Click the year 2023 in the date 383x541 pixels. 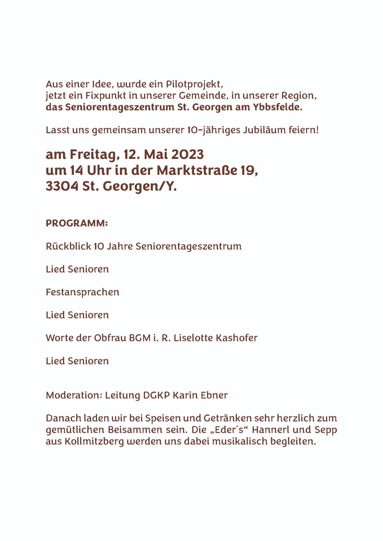point(187,154)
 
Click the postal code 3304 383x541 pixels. point(62,186)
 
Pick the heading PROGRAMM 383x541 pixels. point(76,223)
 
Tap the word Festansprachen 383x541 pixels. point(82,292)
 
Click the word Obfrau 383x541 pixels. point(110,338)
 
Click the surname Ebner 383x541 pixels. point(214,395)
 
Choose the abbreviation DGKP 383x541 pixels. point(157,395)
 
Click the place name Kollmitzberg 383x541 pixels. point(94,442)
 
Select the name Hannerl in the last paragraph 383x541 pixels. point(270,430)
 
